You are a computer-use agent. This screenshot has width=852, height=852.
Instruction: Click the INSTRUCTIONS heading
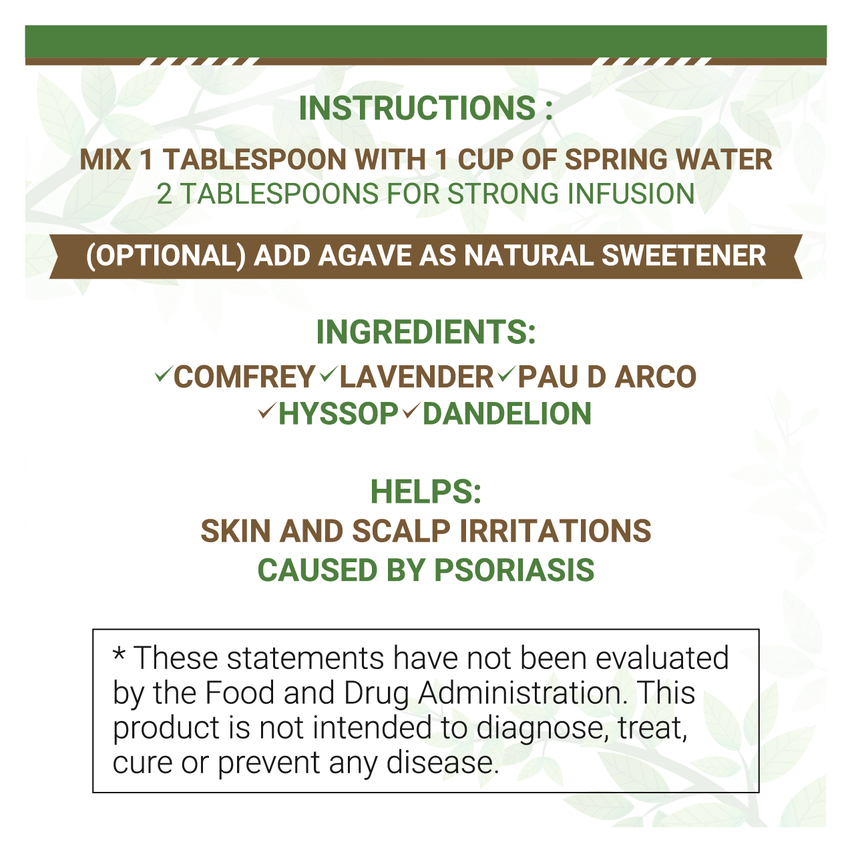point(425,108)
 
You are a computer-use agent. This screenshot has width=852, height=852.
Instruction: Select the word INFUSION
point(631,194)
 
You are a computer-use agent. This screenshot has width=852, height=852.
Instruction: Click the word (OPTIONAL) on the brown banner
point(166,256)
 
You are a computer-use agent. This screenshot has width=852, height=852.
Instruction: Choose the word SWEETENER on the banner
point(684,256)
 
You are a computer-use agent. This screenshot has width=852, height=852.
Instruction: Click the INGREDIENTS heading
point(426,333)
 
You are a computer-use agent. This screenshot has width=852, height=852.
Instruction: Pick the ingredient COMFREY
point(244,377)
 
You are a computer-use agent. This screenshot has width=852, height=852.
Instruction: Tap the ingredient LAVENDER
point(417,377)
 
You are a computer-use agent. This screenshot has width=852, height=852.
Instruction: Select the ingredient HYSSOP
point(339,414)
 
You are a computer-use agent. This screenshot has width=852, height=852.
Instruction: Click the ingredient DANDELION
point(507,414)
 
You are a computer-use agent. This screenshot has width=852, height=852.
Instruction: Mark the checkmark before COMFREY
point(163,375)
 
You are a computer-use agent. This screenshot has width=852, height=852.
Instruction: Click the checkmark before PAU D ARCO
point(506,375)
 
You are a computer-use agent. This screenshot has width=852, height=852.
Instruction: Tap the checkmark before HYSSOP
point(268,411)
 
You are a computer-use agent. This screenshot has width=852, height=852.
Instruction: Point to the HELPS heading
point(426,491)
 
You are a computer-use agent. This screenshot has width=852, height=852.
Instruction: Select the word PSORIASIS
point(514,570)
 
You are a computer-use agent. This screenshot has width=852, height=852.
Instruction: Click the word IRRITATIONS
point(556,531)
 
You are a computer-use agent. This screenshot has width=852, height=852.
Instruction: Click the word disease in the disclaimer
point(443,763)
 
